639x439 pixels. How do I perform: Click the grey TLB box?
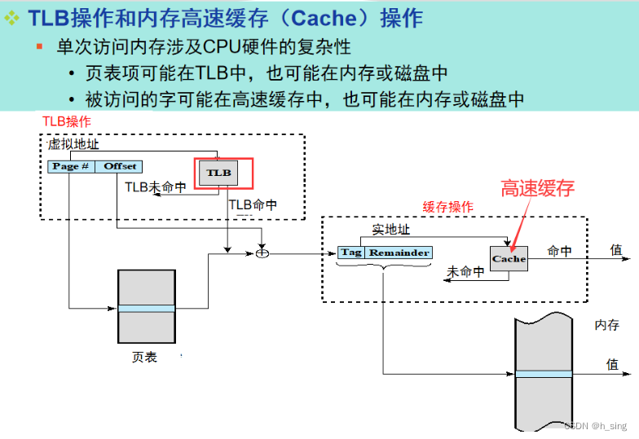[x=218, y=173]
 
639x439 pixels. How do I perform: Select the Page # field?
[x=71, y=166]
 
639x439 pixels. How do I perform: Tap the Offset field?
[x=120, y=166]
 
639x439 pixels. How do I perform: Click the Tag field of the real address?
[x=350, y=252]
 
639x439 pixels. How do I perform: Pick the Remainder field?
[x=399, y=252]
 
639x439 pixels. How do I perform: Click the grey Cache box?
[x=509, y=258]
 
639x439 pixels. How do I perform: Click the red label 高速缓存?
[x=538, y=189]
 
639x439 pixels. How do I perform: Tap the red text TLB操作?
[x=67, y=121]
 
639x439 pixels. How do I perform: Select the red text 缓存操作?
[x=447, y=207]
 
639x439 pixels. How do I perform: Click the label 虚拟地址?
[x=73, y=143]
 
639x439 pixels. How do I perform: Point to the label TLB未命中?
[x=156, y=187]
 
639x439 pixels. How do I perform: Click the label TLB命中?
[x=253, y=205]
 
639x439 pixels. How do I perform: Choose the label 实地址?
[x=391, y=230]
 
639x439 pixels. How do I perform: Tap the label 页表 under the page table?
[x=144, y=357]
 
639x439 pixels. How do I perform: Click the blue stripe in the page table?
[x=146, y=309]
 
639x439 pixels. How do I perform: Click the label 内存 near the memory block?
[x=606, y=325]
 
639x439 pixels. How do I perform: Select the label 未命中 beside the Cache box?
[x=466, y=272]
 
